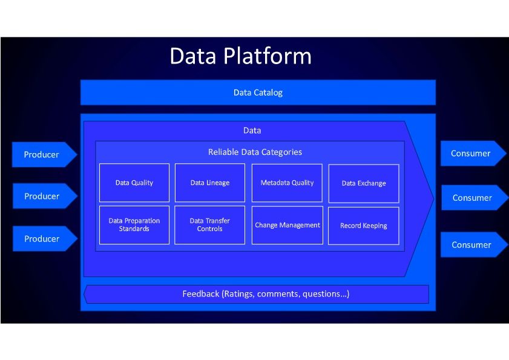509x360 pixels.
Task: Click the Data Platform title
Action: coord(240,56)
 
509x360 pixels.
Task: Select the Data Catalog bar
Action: coord(258,93)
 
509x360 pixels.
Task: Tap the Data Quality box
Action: coord(134,183)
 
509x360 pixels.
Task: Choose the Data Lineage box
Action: coord(209,183)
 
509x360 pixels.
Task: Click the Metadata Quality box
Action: coord(287,183)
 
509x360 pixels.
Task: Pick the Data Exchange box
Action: coord(363,183)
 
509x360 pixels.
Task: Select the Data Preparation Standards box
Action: coord(134,225)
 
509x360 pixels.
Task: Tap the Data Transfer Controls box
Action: coord(209,225)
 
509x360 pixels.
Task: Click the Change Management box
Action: coord(287,225)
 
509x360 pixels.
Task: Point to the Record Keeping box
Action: coord(363,226)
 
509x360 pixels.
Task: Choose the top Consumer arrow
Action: coord(471,154)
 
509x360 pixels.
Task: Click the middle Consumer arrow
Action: coord(473,198)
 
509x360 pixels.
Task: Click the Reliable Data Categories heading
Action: coord(255,152)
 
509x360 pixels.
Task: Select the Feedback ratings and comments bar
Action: coord(257,294)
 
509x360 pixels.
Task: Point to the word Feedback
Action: coord(200,294)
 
